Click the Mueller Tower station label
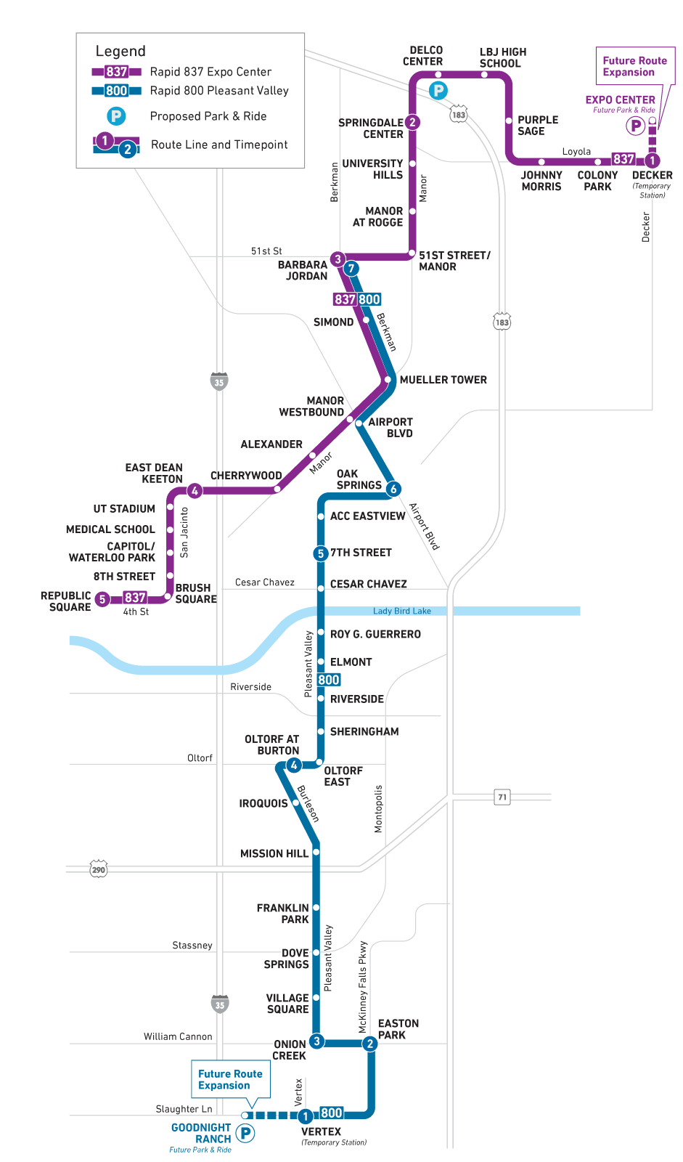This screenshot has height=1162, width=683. [443, 380]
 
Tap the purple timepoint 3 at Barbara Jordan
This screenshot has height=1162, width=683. [338, 259]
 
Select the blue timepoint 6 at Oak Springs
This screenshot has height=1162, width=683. [393, 489]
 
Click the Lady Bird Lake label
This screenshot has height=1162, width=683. [401, 611]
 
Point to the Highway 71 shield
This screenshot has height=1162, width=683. [502, 797]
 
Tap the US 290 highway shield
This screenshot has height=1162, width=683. [99, 869]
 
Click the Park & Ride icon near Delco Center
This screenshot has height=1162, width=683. [438, 91]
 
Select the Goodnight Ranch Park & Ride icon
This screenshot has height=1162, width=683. [246, 1133]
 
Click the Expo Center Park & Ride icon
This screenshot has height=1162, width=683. [636, 126]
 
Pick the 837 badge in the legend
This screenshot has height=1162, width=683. [116, 72]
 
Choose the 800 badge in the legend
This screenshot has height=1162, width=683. [116, 91]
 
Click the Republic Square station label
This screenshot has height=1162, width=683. [66, 601]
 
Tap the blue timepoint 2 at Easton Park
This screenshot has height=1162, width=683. [370, 1044]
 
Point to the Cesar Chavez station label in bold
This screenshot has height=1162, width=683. [368, 584]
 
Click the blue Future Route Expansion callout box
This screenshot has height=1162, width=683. [230, 1079]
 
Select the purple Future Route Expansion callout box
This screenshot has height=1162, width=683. [634, 67]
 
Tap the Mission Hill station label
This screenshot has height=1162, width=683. [274, 853]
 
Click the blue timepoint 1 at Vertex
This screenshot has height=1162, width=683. [306, 1116]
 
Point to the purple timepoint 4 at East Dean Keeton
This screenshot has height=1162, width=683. [195, 491]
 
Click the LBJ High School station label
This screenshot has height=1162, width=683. [502, 57]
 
